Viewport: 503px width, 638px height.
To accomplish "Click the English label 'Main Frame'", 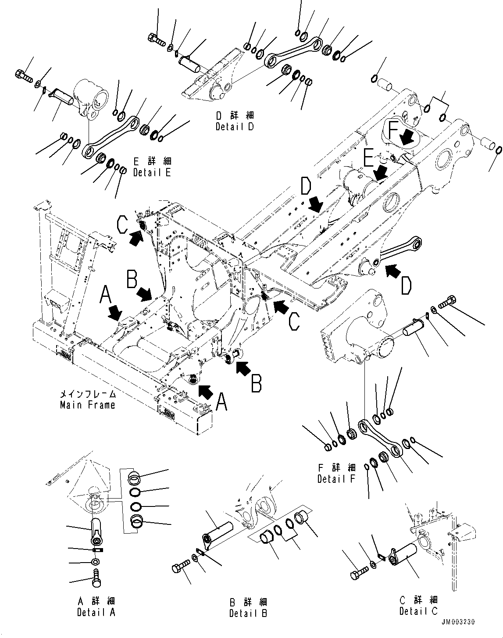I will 87,405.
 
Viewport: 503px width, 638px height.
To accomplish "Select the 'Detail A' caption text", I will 96,612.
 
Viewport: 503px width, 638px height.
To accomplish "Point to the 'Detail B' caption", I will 248,613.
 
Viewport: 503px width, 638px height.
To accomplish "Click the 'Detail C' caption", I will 418,611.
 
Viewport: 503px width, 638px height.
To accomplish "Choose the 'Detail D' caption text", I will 235,127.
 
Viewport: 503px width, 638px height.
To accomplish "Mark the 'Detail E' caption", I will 152,172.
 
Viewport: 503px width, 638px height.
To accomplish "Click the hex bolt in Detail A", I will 96,574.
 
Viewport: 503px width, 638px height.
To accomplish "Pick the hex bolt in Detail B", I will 180,568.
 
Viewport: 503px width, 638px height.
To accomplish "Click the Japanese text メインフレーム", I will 87,394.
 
